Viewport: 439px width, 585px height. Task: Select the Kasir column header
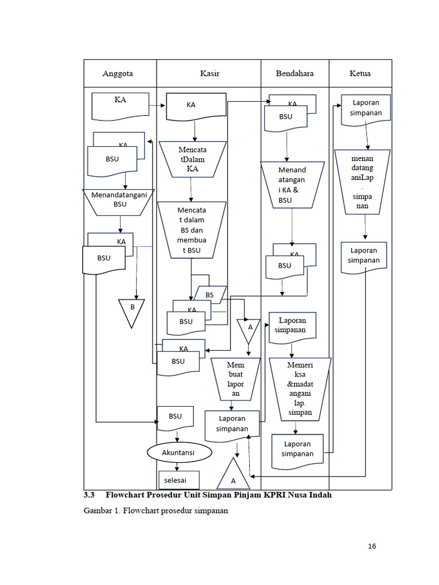(209, 74)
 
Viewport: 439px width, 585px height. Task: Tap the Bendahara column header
(294, 74)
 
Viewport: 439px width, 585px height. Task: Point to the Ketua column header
(360, 74)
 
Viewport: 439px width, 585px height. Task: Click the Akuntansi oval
(179, 452)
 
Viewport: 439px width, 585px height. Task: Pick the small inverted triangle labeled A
(249, 329)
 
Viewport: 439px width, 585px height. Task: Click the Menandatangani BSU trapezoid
(119, 201)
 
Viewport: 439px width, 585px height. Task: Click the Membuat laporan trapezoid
(231, 379)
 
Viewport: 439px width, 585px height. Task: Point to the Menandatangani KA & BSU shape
(292, 185)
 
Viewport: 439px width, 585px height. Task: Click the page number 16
(372, 546)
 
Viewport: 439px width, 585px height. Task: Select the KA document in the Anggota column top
(120, 106)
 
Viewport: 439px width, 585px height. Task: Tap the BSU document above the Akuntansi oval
(175, 419)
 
